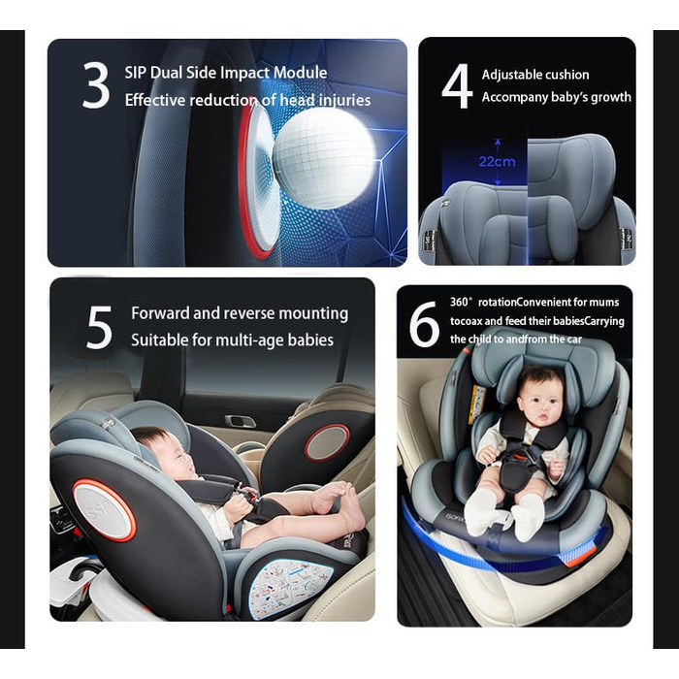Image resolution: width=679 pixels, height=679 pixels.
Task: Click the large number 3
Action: pyautogui.click(x=96, y=85)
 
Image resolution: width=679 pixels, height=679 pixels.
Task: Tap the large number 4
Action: pyautogui.click(x=457, y=85)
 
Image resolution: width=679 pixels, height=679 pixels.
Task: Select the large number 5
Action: pyautogui.click(x=99, y=327)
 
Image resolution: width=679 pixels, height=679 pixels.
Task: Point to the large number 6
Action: pyautogui.click(x=424, y=324)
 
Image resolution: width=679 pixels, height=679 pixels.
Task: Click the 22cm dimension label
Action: pyautogui.click(x=497, y=162)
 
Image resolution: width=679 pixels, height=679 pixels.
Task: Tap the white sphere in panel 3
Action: pyautogui.click(x=323, y=157)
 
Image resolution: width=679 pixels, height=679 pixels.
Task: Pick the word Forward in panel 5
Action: pyautogui.click(x=161, y=312)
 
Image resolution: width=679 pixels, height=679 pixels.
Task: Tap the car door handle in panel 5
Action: pyautogui.click(x=241, y=420)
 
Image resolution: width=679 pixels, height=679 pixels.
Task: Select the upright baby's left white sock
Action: pyautogui.click(x=528, y=517)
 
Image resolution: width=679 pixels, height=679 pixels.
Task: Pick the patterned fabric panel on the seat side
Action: pyautogui.click(x=291, y=588)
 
